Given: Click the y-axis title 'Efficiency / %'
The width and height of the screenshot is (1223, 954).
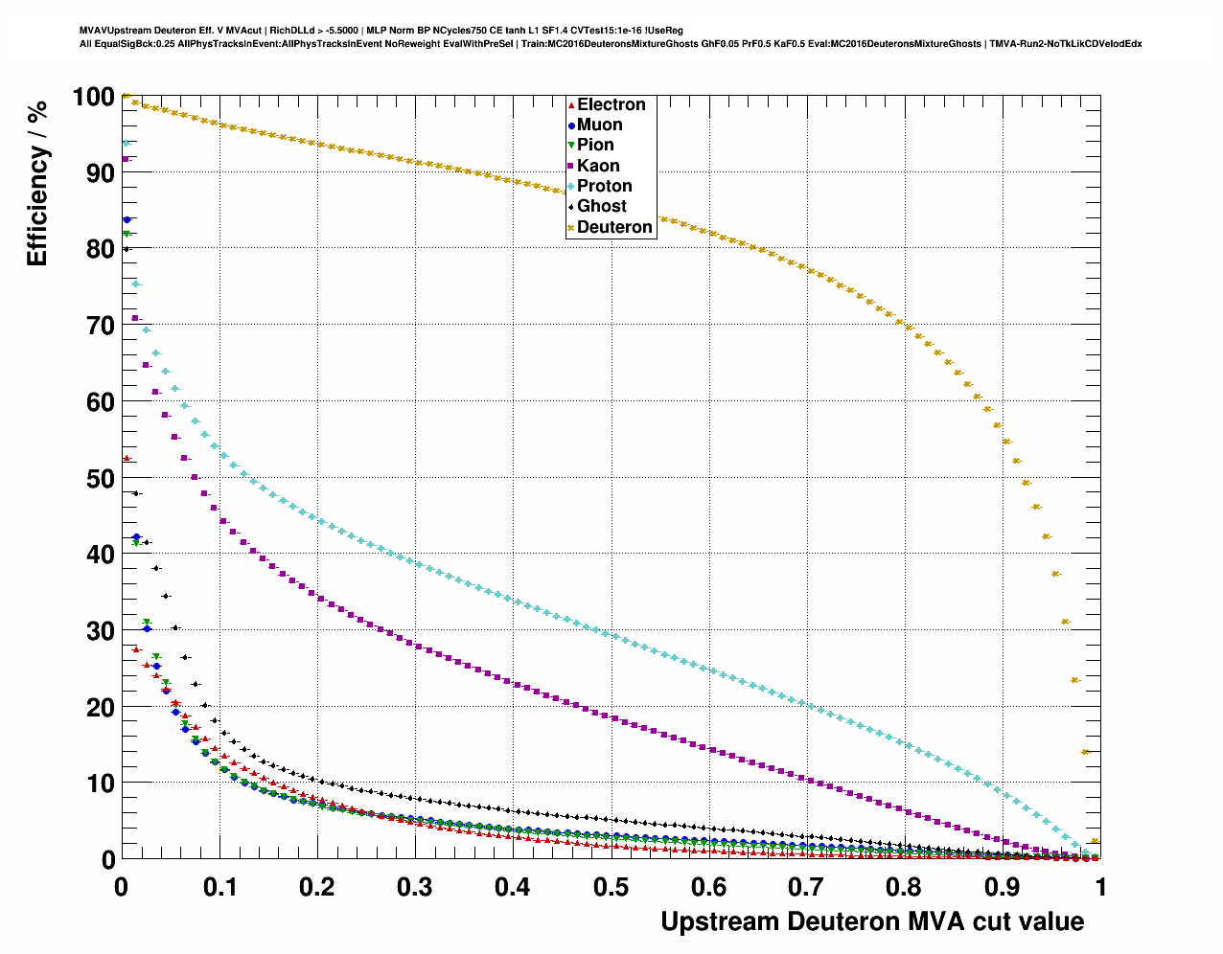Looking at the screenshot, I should (37, 182).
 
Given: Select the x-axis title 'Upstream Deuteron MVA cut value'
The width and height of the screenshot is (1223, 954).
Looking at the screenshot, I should (872, 921).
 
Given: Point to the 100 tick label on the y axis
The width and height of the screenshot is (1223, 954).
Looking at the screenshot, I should (93, 97).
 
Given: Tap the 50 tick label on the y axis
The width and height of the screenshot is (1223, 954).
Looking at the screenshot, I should (101, 478).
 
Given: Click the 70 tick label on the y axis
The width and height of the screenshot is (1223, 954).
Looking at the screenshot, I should (101, 326).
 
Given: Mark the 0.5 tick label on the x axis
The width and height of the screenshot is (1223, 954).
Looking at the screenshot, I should (611, 887).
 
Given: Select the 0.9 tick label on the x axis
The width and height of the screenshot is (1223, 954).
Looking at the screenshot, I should (1003, 887).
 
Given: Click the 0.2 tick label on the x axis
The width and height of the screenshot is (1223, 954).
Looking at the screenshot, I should (317, 887).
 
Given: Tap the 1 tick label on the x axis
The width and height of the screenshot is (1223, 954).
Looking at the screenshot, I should (1100, 887).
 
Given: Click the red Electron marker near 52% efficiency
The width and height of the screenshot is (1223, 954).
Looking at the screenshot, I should (127, 459).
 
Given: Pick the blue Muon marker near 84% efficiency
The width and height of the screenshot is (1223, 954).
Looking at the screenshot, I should (127, 219).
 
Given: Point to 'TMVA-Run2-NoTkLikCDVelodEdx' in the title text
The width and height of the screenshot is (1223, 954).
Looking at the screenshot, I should (1065, 43).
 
